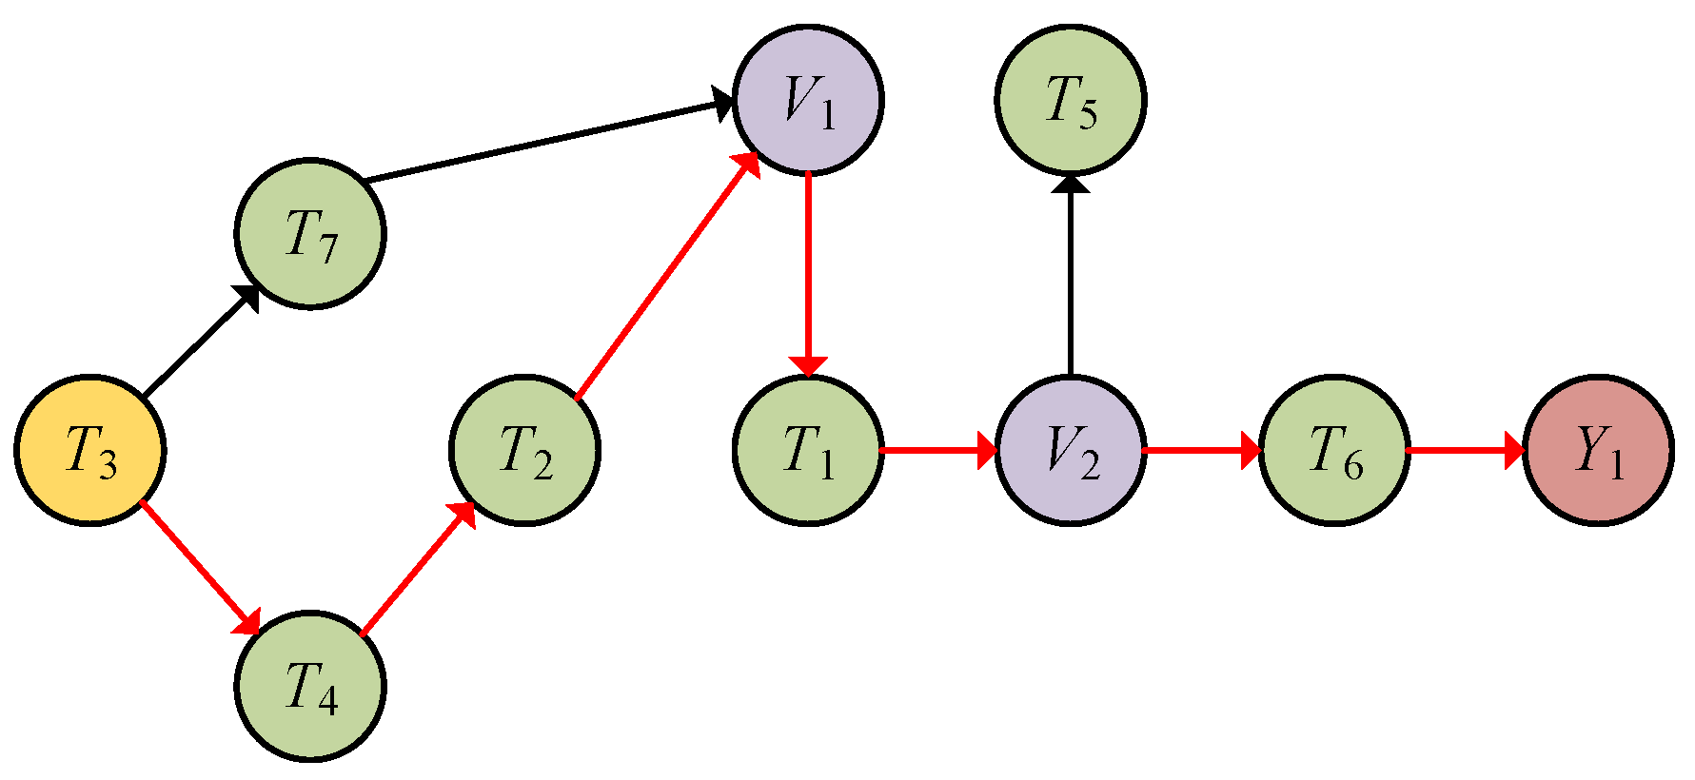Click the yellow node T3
pos(90,450)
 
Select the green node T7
pos(310,234)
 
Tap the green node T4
pos(310,686)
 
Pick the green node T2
pos(524,450)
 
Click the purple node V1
pos(808,100)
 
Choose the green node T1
pos(808,450)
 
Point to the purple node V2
pos(1071,450)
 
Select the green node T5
pos(1071,100)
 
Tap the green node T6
pos(1334,450)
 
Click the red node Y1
pos(1599,450)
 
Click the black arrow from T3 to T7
pos(201,341)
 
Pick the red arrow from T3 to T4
pos(200,567)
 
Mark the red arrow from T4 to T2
pos(418,568)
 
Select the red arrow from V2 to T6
pos(1202,450)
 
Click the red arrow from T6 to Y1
pos(1466,450)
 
